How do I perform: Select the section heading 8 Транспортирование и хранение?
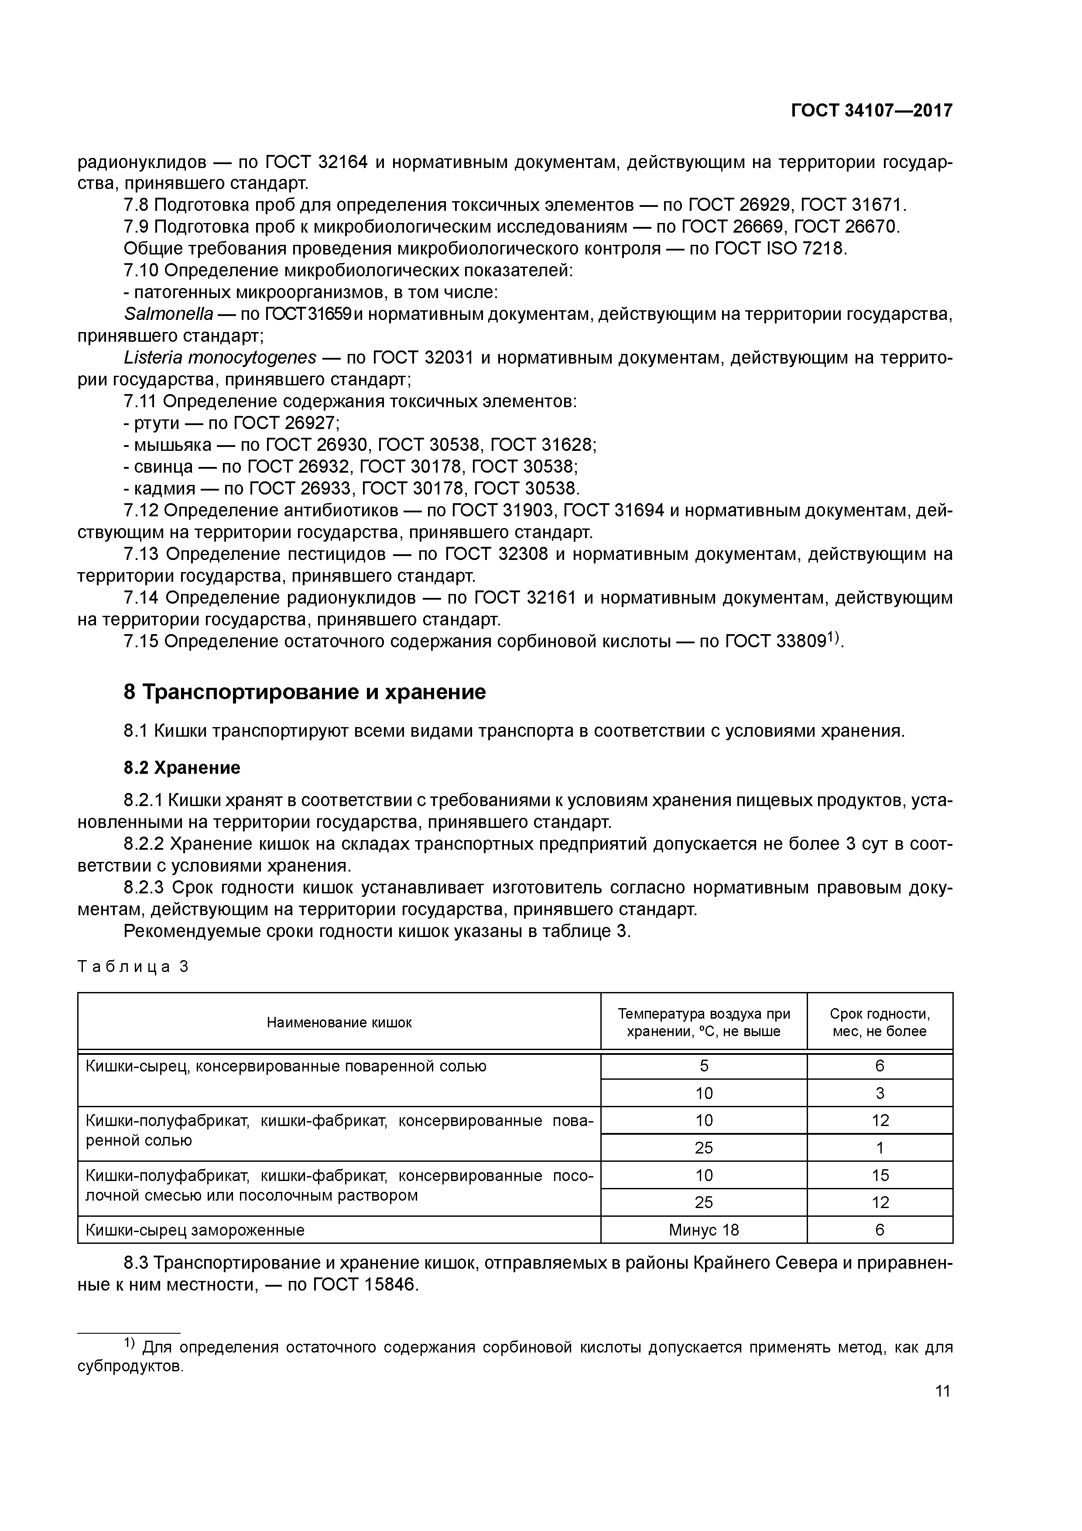click(305, 692)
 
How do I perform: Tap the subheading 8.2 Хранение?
click(181, 768)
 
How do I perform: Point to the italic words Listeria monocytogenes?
click(220, 358)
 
